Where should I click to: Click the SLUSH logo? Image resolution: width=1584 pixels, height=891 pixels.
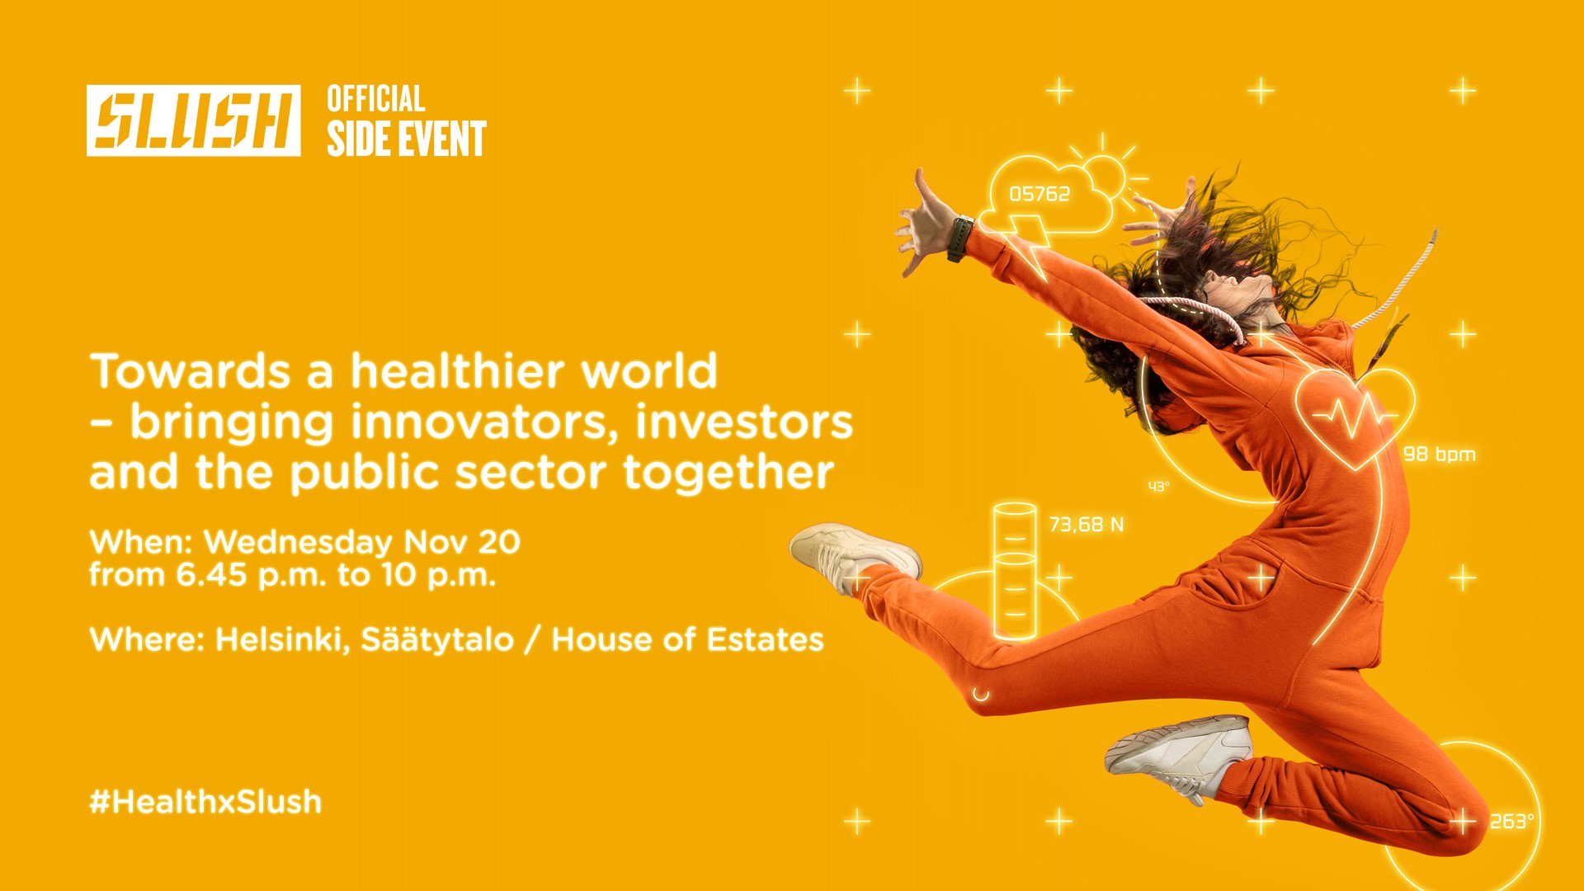click(x=193, y=120)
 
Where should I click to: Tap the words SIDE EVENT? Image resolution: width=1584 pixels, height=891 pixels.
click(x=406, y=139)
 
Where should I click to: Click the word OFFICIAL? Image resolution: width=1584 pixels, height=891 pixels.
click(x=375, y=99)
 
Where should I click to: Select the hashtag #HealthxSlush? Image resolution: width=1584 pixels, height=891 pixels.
click(x=205, y=801)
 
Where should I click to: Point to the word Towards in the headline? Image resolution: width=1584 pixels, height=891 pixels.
click(x=190, y=371)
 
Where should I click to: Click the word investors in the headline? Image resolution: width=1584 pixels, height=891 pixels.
click(x=743, y=422)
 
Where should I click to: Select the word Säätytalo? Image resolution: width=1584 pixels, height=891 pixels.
click(x=436, y=639)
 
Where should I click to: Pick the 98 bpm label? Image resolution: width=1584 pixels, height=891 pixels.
click(x=1439, y=454)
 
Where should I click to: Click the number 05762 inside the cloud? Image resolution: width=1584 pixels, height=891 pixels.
click(x=1039, y=194)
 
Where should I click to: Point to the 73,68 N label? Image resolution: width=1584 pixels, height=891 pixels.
click(x=1086, y=525)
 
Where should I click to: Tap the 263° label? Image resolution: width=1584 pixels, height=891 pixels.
click(x=1511, y=822)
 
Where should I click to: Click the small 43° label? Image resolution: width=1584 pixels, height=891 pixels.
click(x=1158, y=487)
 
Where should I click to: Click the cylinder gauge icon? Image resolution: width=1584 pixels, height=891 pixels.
click(x=1015, y=571)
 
